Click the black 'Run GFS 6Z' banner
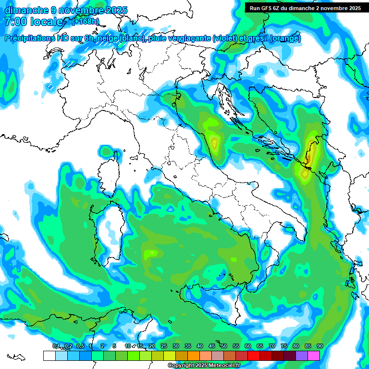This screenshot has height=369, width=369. pos(305,8)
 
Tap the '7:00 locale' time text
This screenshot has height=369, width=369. pos(34,22)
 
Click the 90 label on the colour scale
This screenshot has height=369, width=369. pos(320,346)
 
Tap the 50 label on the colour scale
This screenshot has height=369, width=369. pos(224,346)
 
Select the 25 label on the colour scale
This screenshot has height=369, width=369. pos(164,346)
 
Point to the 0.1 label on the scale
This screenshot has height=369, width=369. pos(56,346)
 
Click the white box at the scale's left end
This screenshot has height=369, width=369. pos(49,356)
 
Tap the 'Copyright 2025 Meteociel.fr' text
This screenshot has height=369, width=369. pos(204,365)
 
